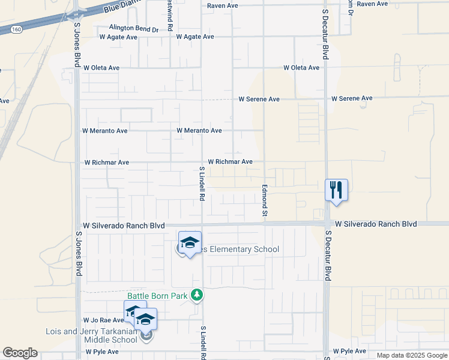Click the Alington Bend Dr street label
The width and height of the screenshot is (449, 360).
click(134, 28)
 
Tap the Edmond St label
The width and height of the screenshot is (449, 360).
click(264, 201)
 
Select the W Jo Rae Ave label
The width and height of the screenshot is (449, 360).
click(103, 320)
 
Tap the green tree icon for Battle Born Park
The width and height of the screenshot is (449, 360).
click(196, 295)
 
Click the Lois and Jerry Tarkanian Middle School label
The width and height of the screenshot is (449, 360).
click(92, 335)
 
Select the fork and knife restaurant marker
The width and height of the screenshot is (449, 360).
click(336, 190)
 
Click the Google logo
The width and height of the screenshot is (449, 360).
click(20, 353)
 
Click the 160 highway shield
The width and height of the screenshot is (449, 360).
click(17, 28)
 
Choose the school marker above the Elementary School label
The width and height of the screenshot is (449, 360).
click(190, 242)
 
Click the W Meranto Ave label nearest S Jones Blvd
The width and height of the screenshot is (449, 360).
click(105, 131)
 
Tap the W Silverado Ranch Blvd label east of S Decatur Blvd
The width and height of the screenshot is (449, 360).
click(376, 224)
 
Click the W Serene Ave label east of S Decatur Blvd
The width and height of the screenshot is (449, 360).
click(352, 98)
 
